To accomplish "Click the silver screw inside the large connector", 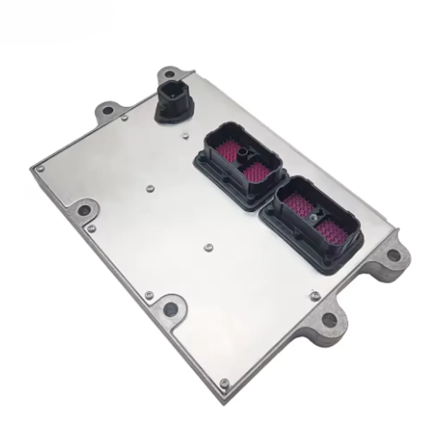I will pyautogui.click(x=314, y=217).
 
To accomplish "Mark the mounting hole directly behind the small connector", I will pyautogui.click(x=168, y=74).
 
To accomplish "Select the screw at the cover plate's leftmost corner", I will pyautogui.click(x=41, y=168).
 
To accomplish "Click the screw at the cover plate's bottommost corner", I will pyautogui.click(x=225, y=383).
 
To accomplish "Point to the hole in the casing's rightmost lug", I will pyautogui.click(x=393, y=255).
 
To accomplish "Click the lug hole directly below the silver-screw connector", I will pyautogui.click(x=328, y=318).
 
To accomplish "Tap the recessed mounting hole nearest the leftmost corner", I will pyautogui.click(x=83, y=210).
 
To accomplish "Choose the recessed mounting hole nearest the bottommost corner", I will pyautogui.click(x=170, y=307).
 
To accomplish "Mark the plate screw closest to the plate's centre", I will pyautogui.click(x=207, y=246).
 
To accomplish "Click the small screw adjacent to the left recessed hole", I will pyautogui.click(x=92, y=229).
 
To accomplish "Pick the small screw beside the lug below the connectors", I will pyautogui.click(x=315, y=294).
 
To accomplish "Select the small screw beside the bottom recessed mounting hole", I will pyautogui.click(x=149, y=294).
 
